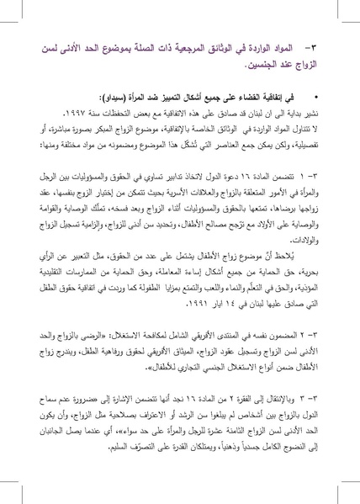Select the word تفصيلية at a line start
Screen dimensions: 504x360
pos(310,157)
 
